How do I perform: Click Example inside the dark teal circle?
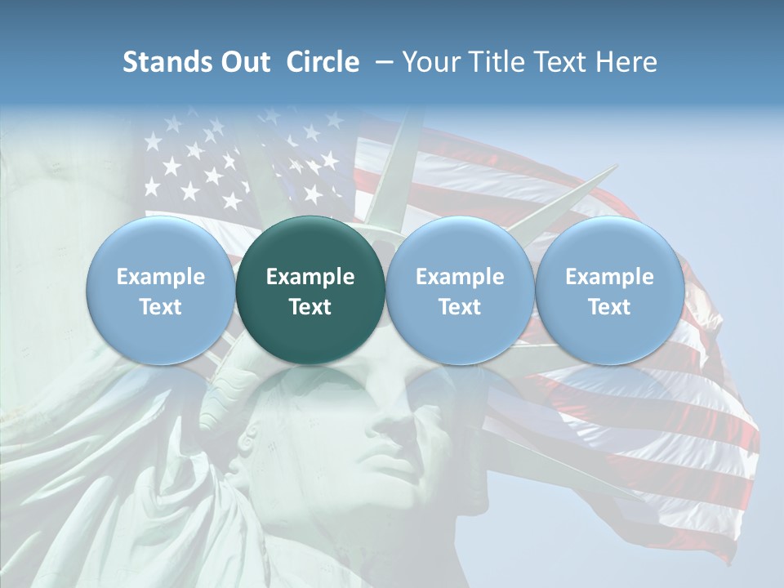tap(310, 277)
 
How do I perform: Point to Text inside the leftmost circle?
tap(161, 307)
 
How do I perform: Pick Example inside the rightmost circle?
tap(609, 277)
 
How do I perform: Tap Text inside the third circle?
tap(460, 307)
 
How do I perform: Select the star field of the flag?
tap(237, 163)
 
